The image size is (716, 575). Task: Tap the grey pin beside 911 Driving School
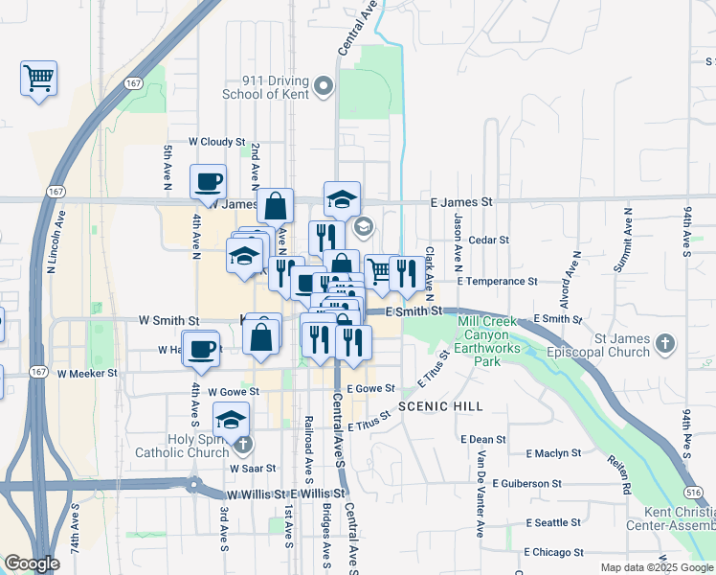pyautogui.click(x=324, y=87)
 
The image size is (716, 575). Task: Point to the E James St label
pyautogui.click(x=461, y=203)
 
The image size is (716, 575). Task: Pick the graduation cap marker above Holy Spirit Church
pyautogui.click(x=231, y=419)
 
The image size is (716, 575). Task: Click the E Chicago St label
pyautogui.click(x=554, y=552)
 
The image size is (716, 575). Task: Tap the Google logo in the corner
pyautogui.click(x=32, y=564)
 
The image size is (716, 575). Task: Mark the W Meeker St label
pyautogui.click(x=87, y=373)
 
